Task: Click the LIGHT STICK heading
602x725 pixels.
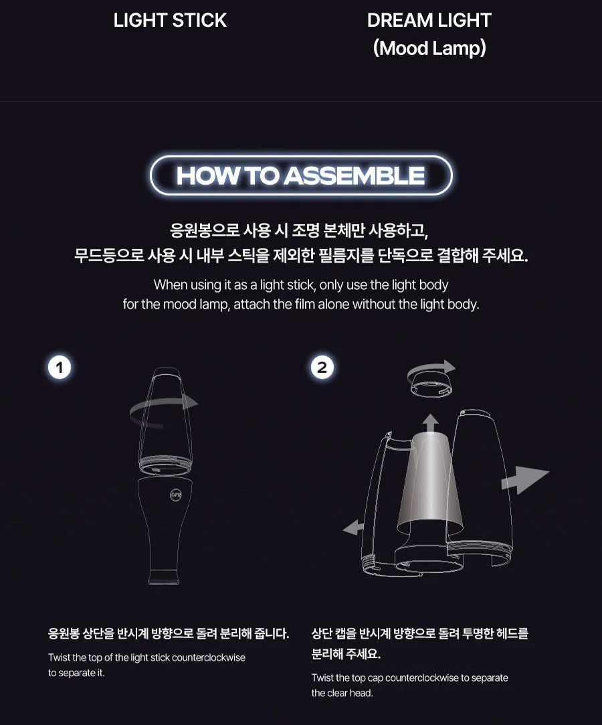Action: [170, 20]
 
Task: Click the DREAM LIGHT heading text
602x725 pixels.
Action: [429, 20]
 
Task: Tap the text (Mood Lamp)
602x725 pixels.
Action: [429, 48]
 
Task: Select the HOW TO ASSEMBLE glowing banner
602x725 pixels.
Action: [301, 175]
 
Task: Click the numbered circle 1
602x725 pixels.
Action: [60, 368]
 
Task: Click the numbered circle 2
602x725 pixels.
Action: [322, 368]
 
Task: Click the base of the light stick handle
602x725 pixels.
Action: [162, 577]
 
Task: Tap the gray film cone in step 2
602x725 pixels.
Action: [430, 482]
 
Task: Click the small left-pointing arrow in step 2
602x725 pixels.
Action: [353, 528]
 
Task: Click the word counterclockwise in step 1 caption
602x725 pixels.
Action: [208, 657]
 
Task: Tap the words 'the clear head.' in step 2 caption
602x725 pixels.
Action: [342, 693]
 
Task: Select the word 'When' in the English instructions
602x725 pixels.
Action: [171, 285]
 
